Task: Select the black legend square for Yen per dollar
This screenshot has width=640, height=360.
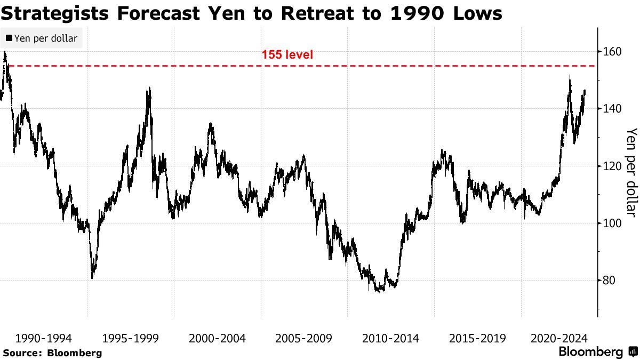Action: click(9, 38)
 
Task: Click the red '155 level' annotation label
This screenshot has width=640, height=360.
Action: click(287, 54)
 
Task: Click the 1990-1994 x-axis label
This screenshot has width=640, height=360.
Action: click(44, 338)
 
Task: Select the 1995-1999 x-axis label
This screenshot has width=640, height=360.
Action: click(130, 338)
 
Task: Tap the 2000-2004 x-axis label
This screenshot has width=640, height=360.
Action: click(217, 338)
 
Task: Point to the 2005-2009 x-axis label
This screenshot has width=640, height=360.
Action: click(304, 338)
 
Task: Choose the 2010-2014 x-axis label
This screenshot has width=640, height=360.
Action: click(390, 338)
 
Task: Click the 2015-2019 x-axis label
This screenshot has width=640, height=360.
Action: click(477, 338)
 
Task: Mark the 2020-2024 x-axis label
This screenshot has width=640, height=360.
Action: click(559, 338)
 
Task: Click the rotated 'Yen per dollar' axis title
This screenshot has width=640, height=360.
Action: click(632, 172)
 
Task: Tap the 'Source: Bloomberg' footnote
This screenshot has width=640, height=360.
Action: click(52, 353)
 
